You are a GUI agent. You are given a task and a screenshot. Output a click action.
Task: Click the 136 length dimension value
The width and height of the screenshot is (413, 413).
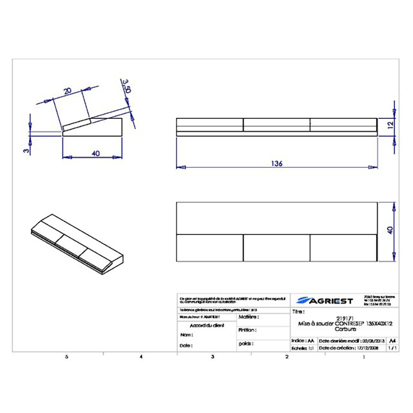(277, 164)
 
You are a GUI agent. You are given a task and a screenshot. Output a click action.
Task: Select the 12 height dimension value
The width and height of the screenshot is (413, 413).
(391, 124)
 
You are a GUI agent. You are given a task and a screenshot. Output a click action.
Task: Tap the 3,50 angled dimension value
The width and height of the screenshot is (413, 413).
(125, 85)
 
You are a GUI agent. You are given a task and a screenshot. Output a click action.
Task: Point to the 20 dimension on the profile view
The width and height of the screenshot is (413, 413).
(67, 91)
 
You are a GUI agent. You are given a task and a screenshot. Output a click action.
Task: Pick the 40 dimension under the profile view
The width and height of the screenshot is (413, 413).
(93, 153)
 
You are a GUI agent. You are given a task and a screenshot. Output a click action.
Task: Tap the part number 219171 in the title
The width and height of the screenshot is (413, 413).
(341, 318)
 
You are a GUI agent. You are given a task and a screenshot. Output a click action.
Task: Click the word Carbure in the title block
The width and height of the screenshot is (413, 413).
(341, 328)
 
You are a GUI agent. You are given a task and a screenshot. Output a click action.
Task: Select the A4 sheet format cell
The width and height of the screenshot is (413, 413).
(393, 341)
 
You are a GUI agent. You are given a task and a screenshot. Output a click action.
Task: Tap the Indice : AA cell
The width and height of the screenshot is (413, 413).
(303, 341)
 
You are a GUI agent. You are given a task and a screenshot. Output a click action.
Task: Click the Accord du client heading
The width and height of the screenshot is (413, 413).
(206, 326)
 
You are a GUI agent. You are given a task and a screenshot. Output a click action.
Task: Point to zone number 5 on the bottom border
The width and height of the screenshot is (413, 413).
(66, 357)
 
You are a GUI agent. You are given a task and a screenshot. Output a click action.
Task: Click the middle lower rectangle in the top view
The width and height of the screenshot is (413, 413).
(276, 247)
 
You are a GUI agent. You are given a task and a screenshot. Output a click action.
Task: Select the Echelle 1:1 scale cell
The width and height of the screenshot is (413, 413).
(303, 348)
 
